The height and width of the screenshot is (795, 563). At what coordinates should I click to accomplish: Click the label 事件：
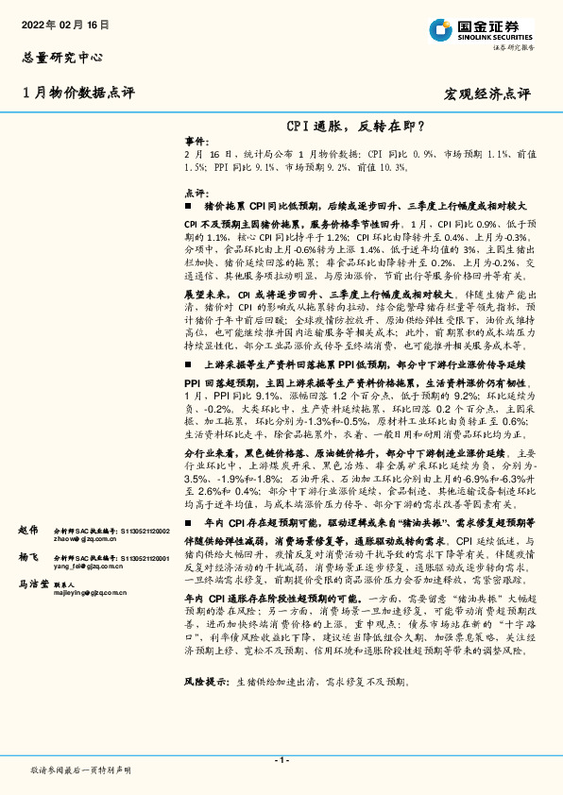tap(196, 138)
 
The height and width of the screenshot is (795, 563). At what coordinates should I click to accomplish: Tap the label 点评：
tap(196, 192)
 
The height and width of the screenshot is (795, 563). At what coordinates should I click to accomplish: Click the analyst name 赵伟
tap(28, 531)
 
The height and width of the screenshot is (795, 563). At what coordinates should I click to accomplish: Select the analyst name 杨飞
tap(28, 559)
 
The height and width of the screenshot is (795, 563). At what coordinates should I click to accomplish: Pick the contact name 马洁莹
tap(34, 584)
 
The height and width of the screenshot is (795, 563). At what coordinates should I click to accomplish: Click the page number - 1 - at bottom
tap(281, 760)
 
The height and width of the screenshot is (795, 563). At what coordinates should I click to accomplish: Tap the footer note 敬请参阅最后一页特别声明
tap(81, 770)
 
